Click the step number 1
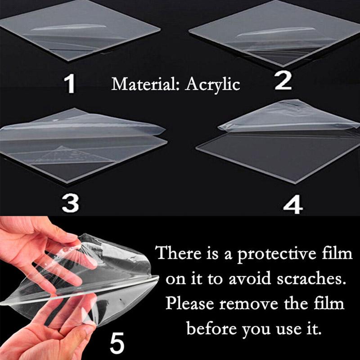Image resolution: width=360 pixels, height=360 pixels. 69,83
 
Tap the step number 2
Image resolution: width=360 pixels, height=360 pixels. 283,81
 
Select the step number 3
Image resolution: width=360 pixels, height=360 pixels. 70,203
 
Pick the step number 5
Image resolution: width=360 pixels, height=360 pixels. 117,343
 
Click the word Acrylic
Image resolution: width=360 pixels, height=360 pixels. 213,85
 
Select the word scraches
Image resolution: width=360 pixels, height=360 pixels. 311,279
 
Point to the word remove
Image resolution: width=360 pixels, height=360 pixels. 249,304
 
